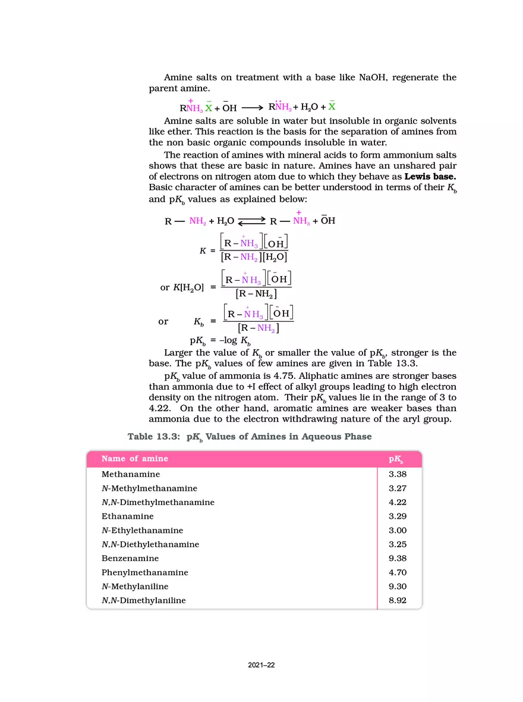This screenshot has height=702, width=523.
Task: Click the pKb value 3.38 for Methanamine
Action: (x=397, y=474)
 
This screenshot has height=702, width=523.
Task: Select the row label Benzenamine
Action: (x=127, y=559)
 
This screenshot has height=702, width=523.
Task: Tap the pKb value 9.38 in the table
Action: (x=397, y=559)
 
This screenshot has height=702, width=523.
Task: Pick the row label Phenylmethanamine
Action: (x=144, y=572)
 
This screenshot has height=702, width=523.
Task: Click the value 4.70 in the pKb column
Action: (x=397, y=572)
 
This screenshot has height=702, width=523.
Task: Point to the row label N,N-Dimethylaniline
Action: (x=143, y=600)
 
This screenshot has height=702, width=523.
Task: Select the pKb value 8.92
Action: (x=397, y=600)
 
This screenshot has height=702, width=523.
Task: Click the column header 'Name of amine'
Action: (x=134, y=459)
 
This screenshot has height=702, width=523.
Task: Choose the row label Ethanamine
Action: (x=127, y=516)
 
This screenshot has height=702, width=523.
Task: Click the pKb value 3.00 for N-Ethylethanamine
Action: (x=397, y=530)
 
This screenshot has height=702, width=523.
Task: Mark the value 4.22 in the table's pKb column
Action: (x=397, y=502)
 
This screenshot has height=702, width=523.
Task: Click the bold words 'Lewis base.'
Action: (x=430, y=177)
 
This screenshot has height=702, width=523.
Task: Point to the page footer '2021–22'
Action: (x=261, y=666)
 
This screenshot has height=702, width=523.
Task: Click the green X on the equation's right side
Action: (x=332, y=107)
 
